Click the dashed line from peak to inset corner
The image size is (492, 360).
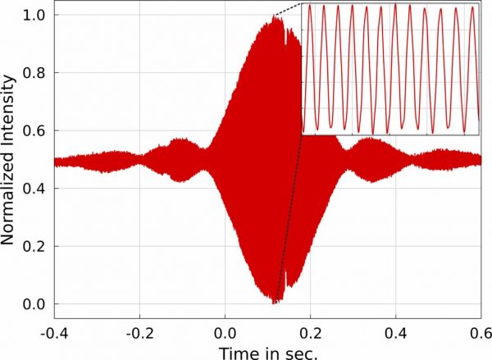tap(289, 11)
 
